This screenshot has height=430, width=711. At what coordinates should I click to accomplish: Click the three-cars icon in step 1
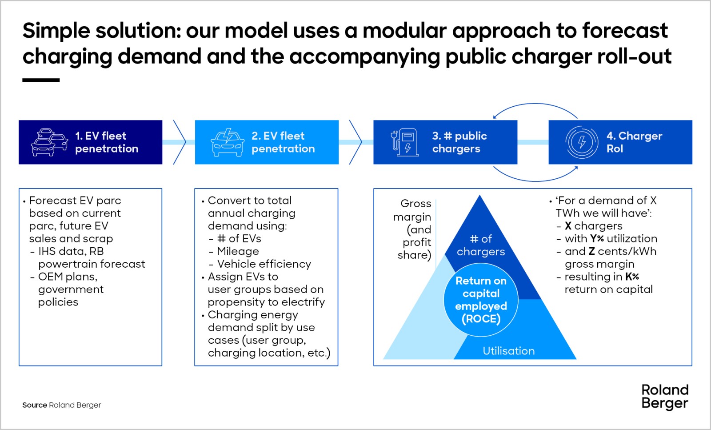(x=49, y=142)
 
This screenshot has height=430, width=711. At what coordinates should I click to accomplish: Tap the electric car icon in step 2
(x=227, y=142)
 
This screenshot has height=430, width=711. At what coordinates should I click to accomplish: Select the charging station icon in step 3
(x=405, y=142)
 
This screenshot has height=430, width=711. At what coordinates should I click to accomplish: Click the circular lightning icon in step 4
(x=582, y=142)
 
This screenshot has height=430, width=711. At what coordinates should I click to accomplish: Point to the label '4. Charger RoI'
(x=634, y=142)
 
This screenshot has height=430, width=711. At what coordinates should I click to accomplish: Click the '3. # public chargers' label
(x=459, y=142)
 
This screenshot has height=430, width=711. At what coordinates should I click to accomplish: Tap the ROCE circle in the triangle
(x=481, y=300)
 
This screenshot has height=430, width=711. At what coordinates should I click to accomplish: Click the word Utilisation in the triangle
(x=509, y=351)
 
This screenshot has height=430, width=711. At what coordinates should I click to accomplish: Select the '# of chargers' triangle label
(x=481, y=245)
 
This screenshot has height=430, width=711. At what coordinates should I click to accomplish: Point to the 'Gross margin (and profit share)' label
(x=413, y=229)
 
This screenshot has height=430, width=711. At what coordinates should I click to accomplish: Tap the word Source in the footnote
(x=34, y=405)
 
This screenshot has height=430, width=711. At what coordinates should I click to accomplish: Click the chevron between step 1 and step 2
(x=180, y=142)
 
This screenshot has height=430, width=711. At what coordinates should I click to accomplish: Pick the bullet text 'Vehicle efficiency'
(x=264, y=264)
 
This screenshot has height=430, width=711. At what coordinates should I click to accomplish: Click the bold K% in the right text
(x=632, y=277)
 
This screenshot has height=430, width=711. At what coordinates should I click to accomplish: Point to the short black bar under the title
(x=41, y=80)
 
